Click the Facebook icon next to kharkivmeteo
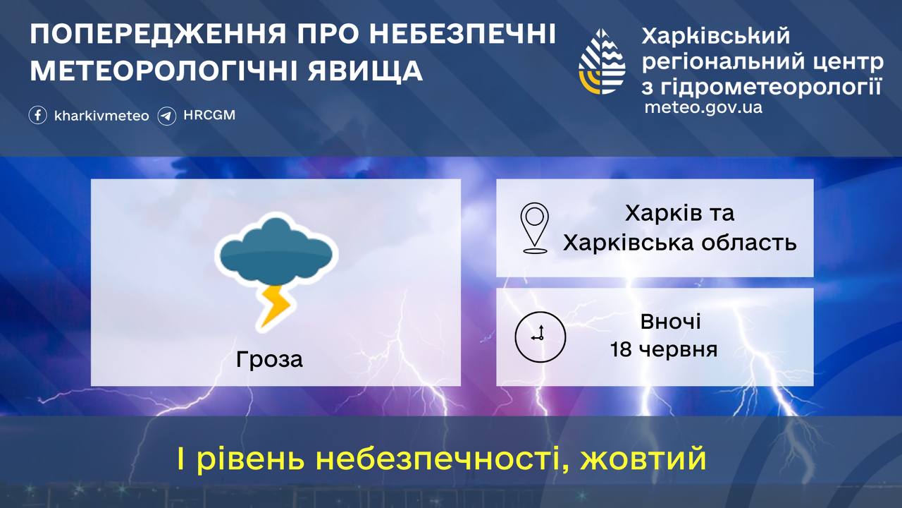[x=38, y=115]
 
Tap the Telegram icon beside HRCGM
[x=167, y=115]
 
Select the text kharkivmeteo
[x=101, y=116]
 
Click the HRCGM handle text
[x=209, y=115]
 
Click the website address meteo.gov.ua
[x=703, y=108]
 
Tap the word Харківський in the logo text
[x=716, y=35]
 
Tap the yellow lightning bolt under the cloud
[x=273, y=304]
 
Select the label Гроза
[x=270, y=359]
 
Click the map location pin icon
[x=535, y=227]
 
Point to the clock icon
[x=540, y=336]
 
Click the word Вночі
[x=671, y=322]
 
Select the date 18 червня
[x=664, y=349]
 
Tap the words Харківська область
[x=679, y=243]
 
